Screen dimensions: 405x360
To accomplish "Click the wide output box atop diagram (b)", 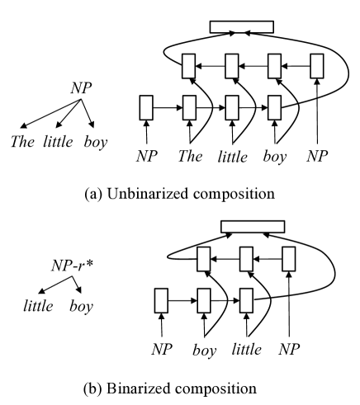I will (x=253, y=226).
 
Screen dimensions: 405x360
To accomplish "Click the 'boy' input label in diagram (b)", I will (x=203, y=350).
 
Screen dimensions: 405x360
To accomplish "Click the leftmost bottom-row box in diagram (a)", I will (x=147, y=108).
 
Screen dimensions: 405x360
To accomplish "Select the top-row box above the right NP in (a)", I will (x=318, y=66).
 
